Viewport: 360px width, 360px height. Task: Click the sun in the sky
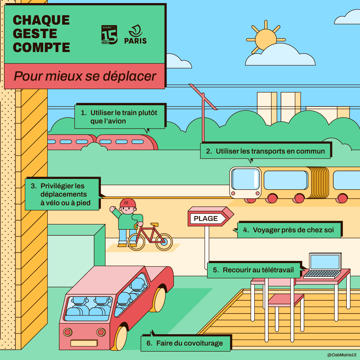tap(265, 39)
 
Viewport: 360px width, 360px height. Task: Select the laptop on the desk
tap(325, 265)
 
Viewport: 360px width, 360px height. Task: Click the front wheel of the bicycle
tap(164, 242)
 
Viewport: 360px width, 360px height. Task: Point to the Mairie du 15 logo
tap(109, 35)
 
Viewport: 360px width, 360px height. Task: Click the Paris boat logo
tap(135, 34)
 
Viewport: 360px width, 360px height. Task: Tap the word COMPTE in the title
tap(42, 47)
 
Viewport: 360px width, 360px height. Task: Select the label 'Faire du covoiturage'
tap(186, 343)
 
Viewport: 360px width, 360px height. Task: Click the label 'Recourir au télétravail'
tap(254, 270)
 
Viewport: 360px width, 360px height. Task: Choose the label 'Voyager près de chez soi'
tap(289, 230)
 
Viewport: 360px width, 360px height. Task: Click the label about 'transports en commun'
tap(265, 151)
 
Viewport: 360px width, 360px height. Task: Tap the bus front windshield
tap(246, 179)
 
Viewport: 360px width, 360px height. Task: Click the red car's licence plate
tap(84, 343)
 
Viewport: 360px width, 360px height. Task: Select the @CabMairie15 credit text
tap(342, 355)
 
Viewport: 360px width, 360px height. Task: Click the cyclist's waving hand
tap(112, 209)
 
